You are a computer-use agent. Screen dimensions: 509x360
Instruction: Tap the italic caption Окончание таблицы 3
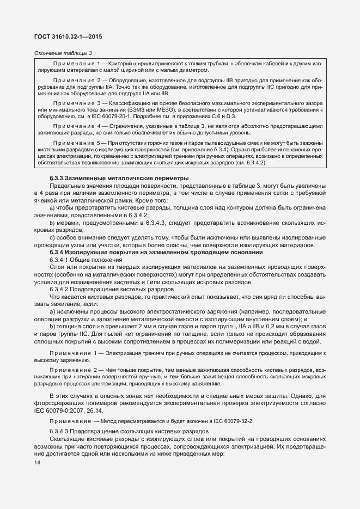(63, 53)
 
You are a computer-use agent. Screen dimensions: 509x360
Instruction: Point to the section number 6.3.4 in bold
(58, 252)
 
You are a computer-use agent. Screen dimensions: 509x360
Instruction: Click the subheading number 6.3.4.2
(61, 290)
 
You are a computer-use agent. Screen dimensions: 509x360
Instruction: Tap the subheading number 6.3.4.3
(61, 416)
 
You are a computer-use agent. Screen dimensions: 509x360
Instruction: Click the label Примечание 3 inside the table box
(78, 102)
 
